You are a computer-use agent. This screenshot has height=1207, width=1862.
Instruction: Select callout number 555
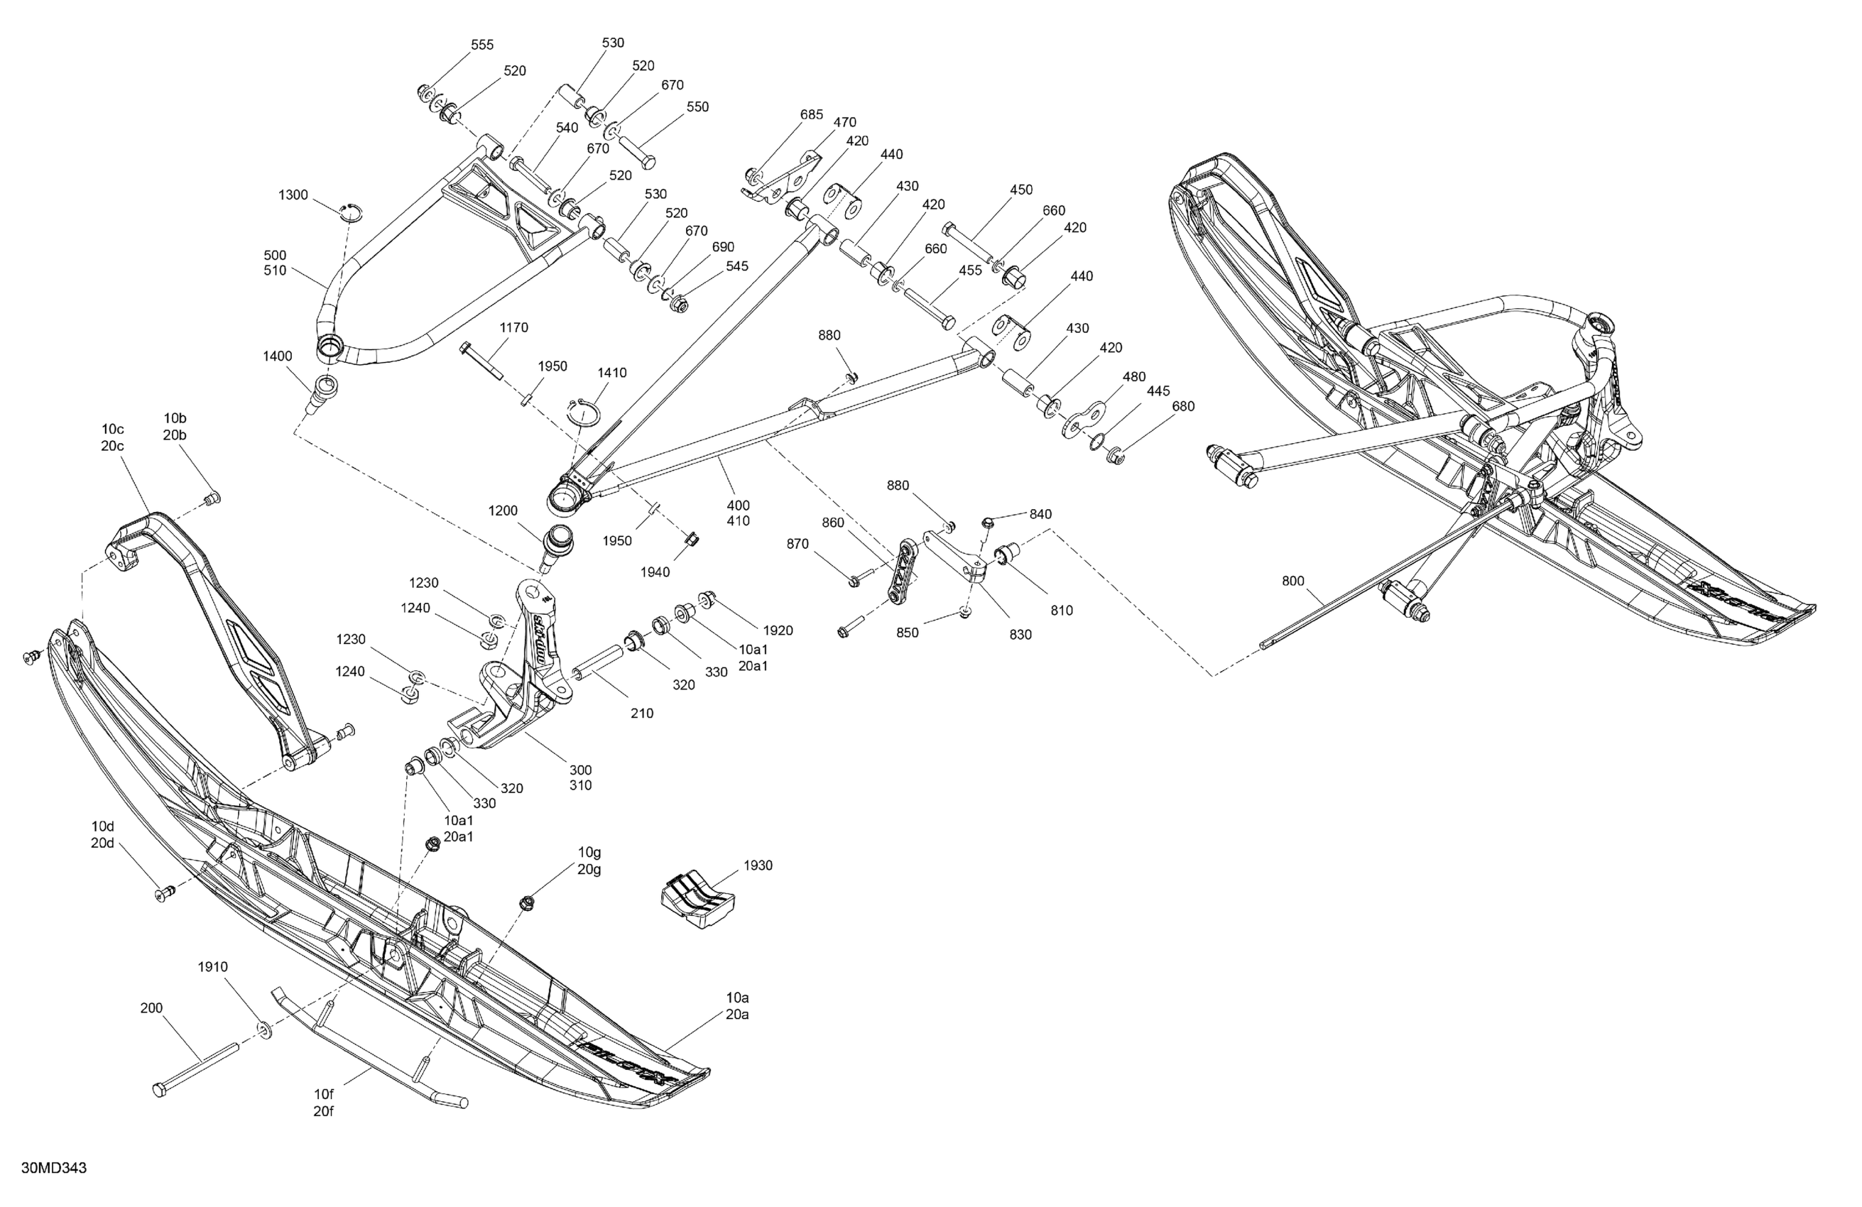pos(482,45)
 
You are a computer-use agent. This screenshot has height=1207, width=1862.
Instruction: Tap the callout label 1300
pos(293,195)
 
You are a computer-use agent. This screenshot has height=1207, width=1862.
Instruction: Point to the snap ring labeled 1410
pos(586,413)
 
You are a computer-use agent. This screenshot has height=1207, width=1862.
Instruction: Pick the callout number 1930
pos(758,865)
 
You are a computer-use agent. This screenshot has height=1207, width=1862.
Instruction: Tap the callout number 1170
pos(514,328)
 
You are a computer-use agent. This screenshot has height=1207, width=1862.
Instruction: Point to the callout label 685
pos(811,115)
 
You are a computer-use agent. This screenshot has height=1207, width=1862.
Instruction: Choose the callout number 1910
pos(213,967)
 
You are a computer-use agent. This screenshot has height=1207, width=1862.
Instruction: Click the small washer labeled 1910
pos(263,1029)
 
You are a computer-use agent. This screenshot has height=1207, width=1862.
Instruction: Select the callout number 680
pos(1183,406)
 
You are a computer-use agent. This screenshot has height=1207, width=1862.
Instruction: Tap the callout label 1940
pos(655,572)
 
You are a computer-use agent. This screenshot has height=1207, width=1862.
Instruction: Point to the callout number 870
pos(797,544)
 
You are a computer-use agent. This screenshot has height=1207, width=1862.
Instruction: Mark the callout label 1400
pos(278,356)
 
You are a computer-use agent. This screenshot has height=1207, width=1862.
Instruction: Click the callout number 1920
pos(778,630)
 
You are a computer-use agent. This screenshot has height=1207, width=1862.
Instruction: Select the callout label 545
pos(737,267)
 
